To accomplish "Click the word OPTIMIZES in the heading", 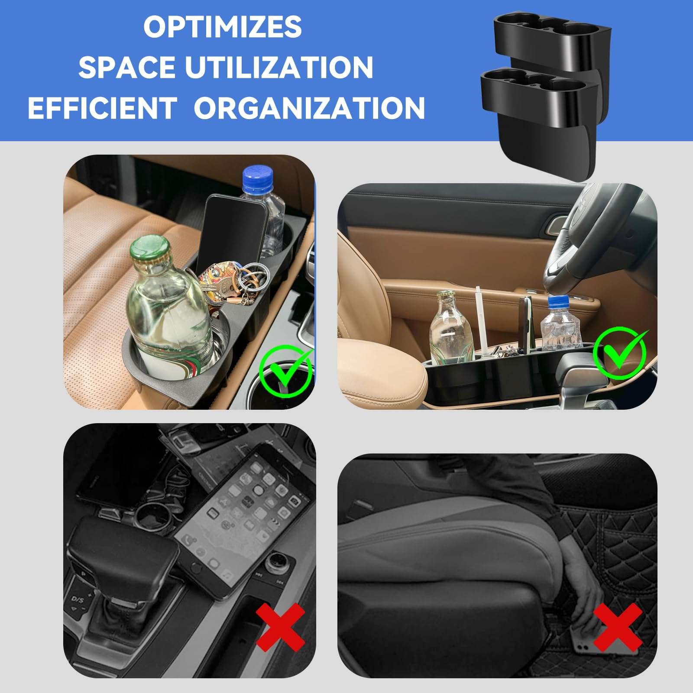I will [x=222, y=27].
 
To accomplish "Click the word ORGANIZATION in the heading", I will [x=309, y=108].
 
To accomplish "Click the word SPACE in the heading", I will [x=126, y=67].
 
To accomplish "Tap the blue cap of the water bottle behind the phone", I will [x=258, y=179].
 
